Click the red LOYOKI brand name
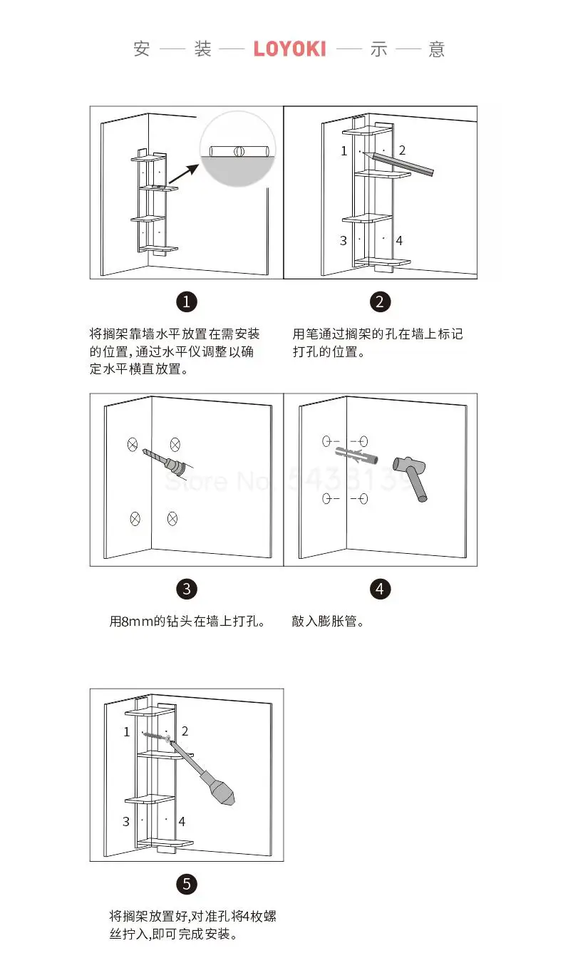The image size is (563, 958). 289,49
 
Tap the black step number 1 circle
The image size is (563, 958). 187,302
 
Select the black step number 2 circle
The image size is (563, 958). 380,302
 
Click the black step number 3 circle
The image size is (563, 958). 187,589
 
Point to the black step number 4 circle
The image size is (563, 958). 380,589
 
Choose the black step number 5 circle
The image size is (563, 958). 187,885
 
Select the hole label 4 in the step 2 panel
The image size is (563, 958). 399,241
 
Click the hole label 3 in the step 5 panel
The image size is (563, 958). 126,822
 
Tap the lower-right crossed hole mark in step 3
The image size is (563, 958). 172,518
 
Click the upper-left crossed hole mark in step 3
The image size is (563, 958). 133,444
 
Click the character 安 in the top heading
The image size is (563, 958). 142,49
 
